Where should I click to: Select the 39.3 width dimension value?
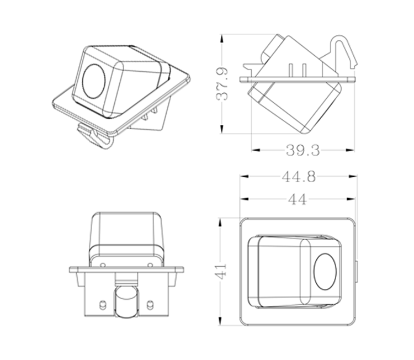point(302,150)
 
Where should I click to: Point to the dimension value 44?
point(298,200)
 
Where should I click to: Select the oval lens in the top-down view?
point(323,271)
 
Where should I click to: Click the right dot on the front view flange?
point(150,266)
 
